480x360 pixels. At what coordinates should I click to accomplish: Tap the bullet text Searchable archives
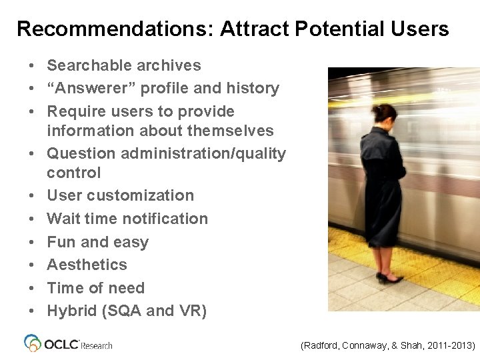click(123, 65)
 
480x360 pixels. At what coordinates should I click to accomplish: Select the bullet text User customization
click(120, 195)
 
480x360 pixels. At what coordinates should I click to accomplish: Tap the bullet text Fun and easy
click(97, 242)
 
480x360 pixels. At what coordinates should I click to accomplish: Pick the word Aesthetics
click(87, 265)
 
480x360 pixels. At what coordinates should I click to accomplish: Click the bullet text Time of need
click(95, 288)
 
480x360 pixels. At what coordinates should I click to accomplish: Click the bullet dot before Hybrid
click(31, 311)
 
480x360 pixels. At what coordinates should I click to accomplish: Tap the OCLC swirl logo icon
click(33, 343)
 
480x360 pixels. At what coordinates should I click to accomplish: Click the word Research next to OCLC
click(97, 345)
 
